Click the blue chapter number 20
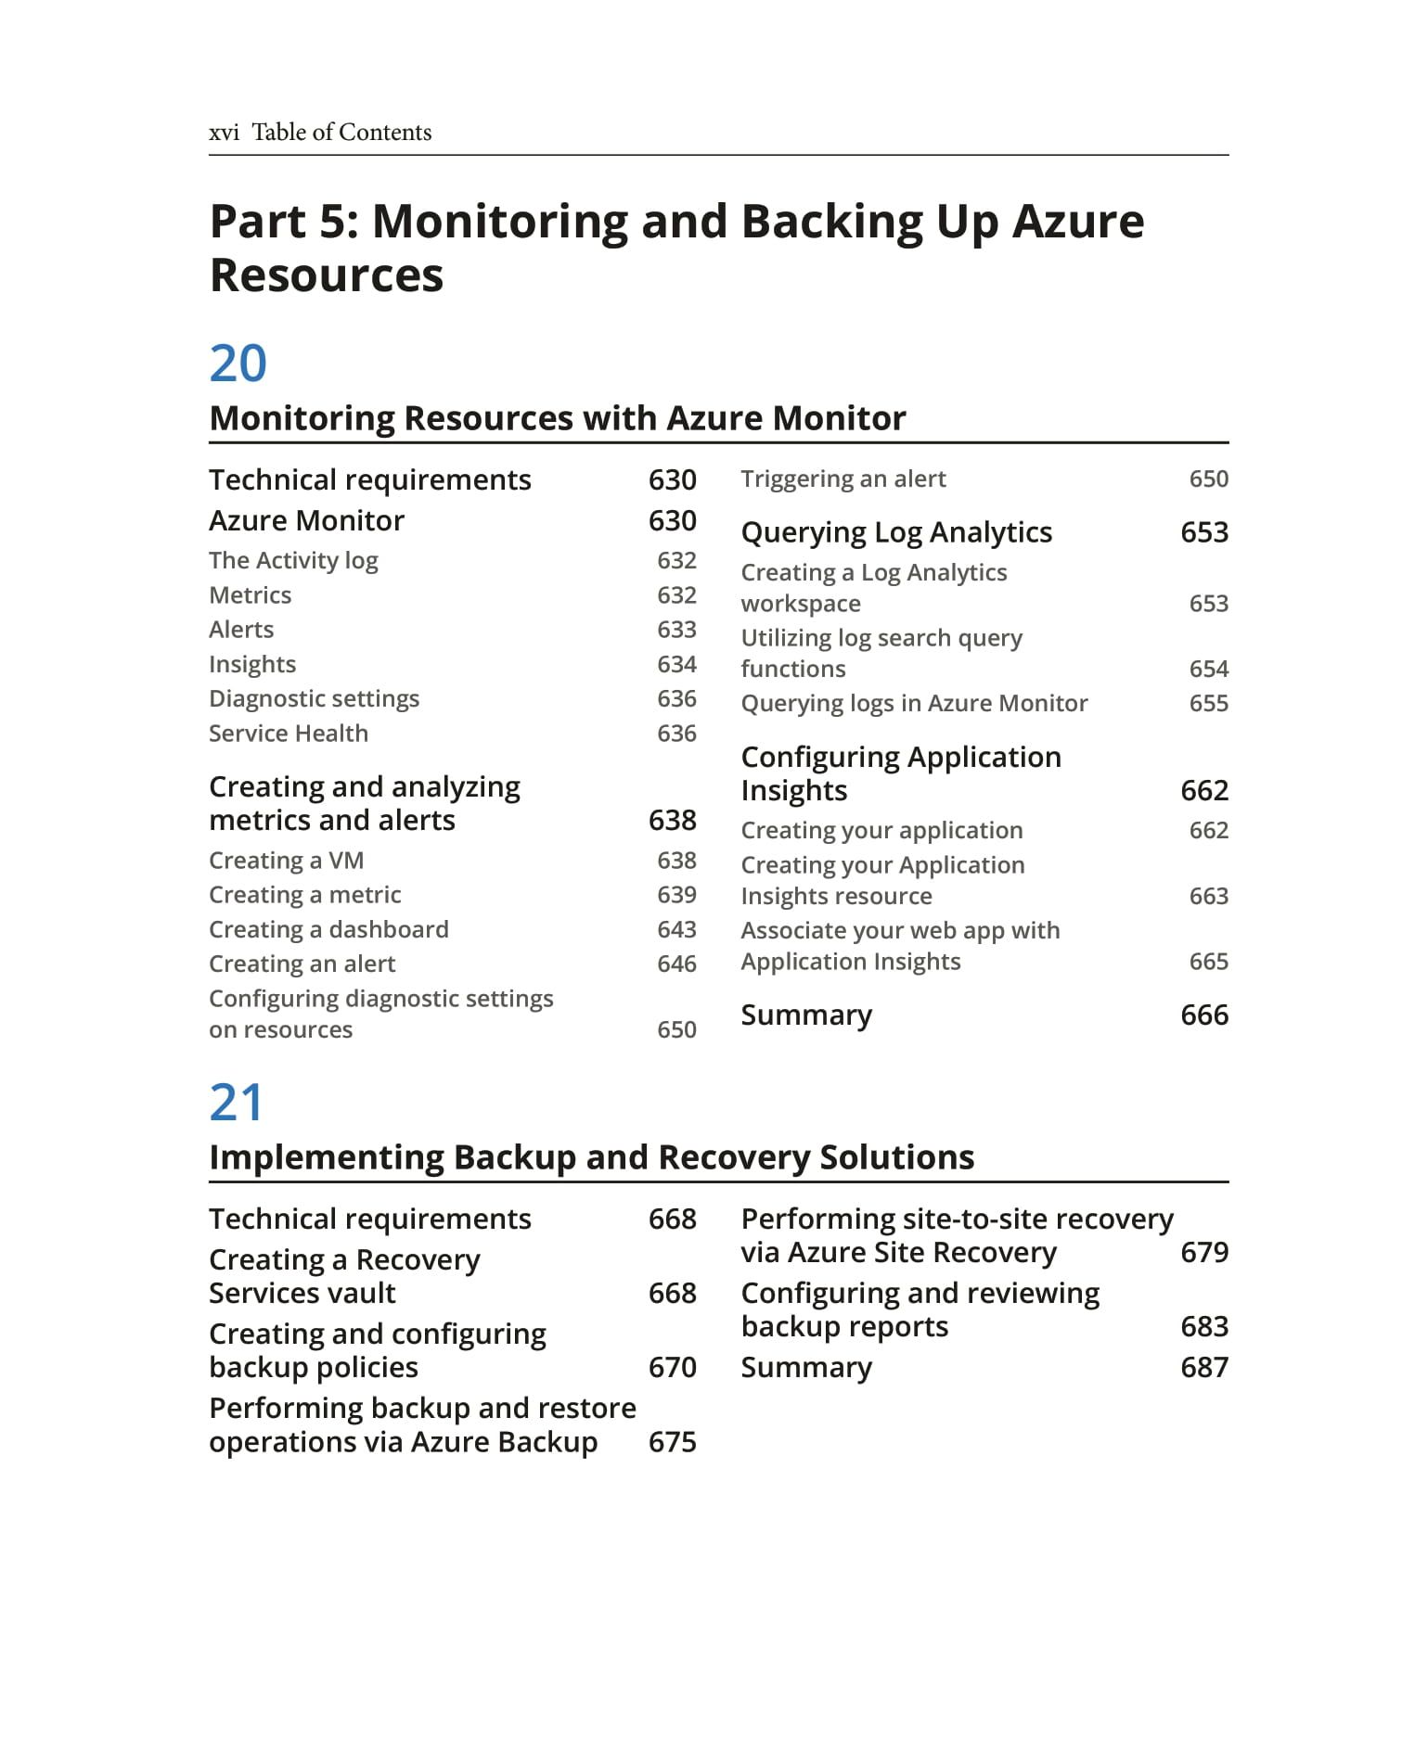tap(238, 363)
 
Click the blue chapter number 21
tap(236, 1102)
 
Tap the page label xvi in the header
tap(224, 133)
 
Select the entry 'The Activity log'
tap(293, 560)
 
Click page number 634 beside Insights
tap(676, 664)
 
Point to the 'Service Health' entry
tap(289, 734)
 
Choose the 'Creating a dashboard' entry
tap(328, 929)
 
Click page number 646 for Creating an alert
tap(676, 964)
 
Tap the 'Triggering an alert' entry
tap(843, 479)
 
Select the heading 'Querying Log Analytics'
tap(896, 532)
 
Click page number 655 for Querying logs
tap(1208, 703)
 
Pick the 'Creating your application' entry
tap(881, 830)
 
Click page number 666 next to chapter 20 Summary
tap(1203, 1015)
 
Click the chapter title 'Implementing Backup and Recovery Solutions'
tap(591, 1157)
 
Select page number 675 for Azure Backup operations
tap(672, 1442)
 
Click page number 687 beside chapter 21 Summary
tap(1203, 1368)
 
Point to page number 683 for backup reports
tap(1203, 1327)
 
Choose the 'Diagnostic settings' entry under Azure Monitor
tap(314, 698)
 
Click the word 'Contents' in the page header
tap(385, 133)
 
